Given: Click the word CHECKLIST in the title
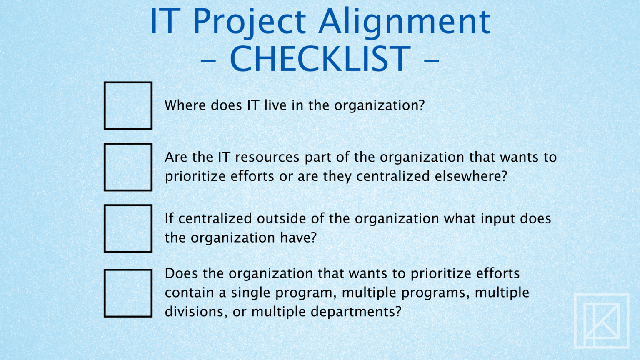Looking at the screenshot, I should (320, 59).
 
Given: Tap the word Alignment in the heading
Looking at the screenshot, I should (404, 22).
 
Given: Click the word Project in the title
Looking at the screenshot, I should (249, 22).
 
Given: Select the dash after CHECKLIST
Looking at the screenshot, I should (432, 60).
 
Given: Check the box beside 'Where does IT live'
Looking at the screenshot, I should (128, 106).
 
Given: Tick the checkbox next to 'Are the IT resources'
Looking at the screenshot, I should (128, 167).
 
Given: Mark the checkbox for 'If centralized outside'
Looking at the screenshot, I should (128, 228).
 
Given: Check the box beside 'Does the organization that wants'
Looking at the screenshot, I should (128, 293).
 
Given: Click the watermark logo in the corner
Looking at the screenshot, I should (601, 320).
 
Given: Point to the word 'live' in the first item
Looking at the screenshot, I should (275, 105).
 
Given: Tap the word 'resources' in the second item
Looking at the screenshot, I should (267, 157).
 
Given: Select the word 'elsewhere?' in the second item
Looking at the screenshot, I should (471, 176).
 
